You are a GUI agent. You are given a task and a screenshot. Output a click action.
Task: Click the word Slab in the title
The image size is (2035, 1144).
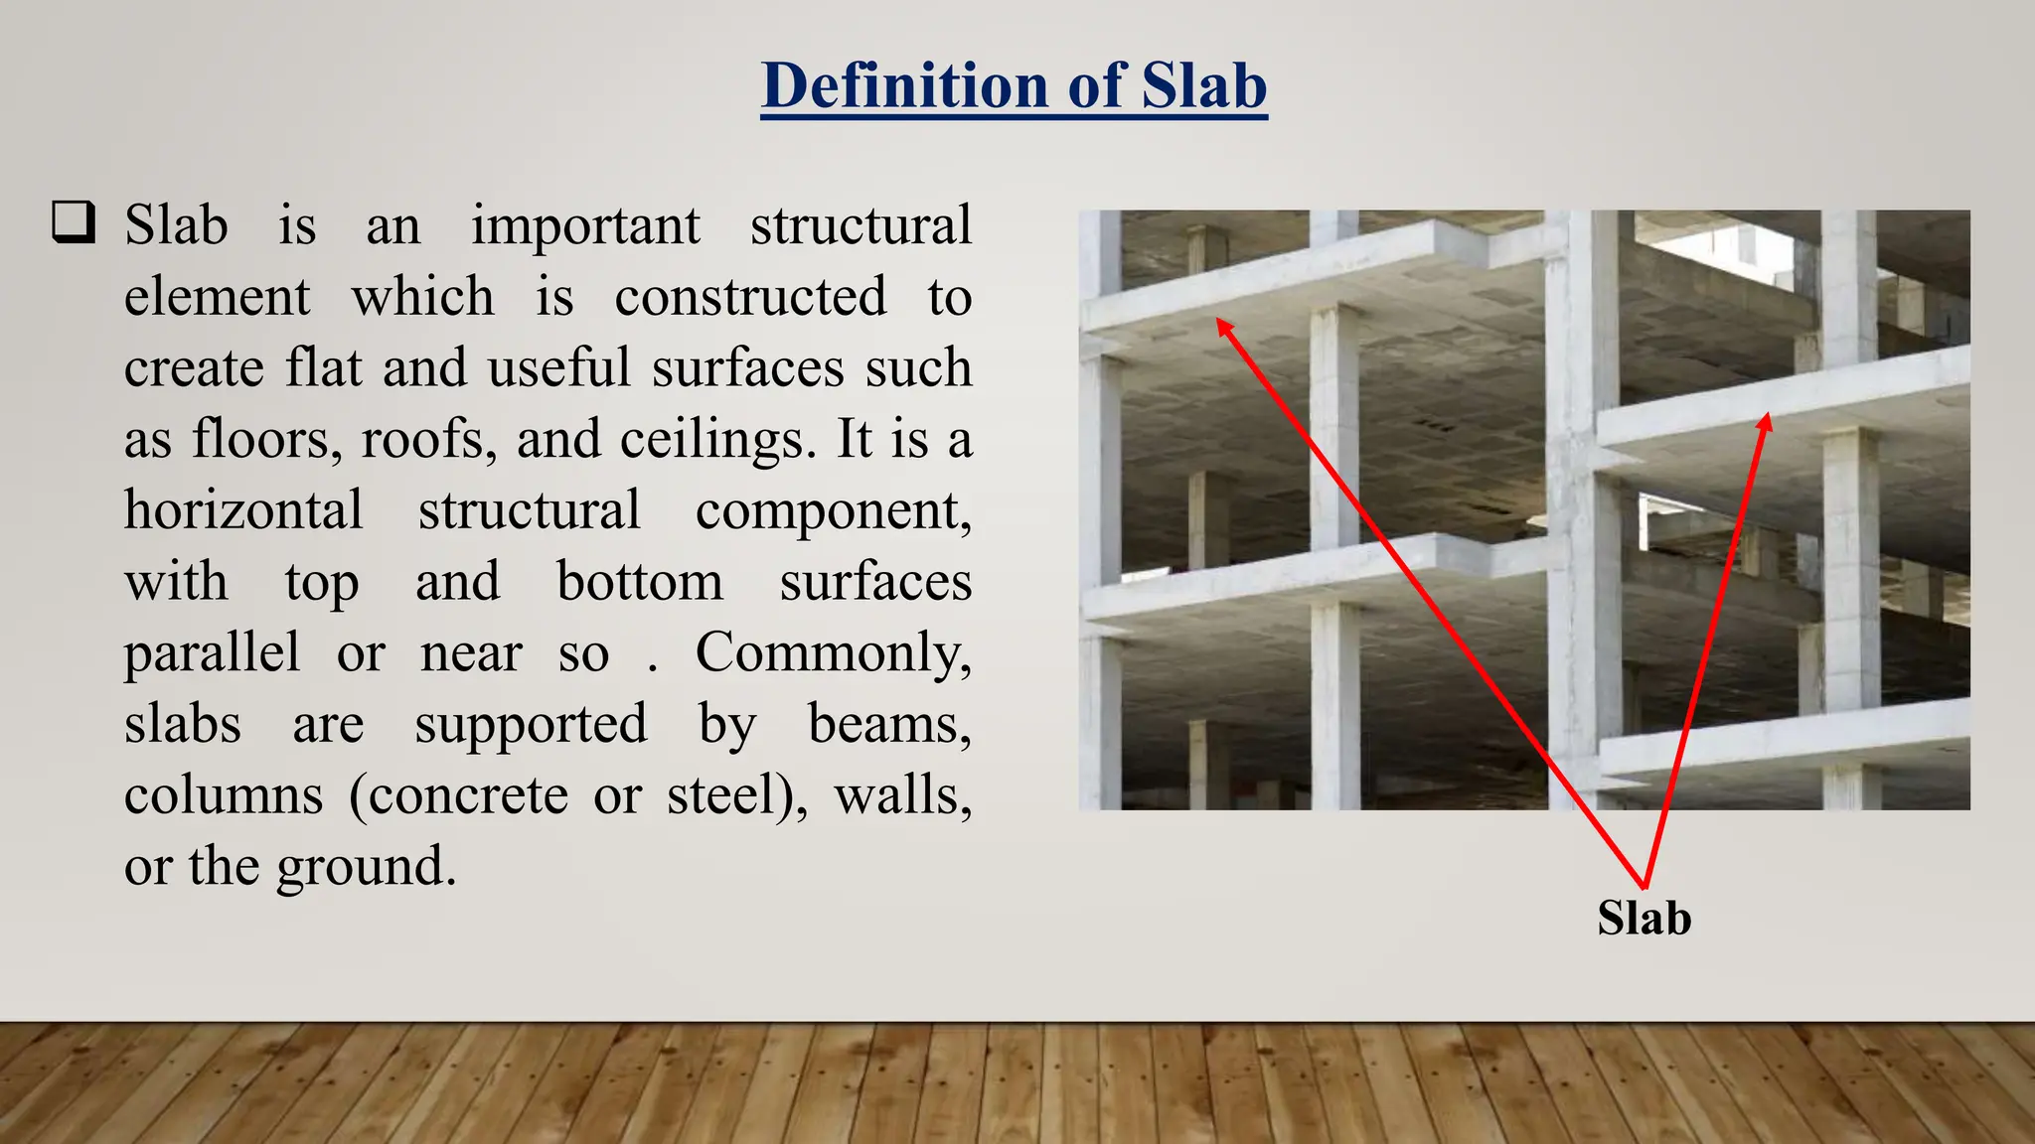(x=1203, y=85)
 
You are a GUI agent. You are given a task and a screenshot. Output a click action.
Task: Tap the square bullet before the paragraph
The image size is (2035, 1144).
(x=74, y=222)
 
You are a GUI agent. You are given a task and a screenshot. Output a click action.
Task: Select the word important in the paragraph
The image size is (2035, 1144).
(x=585, y=226)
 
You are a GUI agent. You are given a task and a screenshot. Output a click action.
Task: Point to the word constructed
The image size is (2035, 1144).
(x=750, y=297)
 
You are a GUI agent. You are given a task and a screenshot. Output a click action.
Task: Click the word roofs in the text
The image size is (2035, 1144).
(x=426, y=439)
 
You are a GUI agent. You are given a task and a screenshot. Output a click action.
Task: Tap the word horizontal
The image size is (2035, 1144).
(x=243, y=510)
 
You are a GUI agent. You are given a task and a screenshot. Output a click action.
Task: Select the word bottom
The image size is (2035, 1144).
(x=639, y=582)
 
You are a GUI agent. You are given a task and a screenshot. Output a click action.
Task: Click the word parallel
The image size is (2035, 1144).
(x=212, y=653)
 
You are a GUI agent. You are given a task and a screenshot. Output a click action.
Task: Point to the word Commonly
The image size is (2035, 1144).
(x=832, y=653)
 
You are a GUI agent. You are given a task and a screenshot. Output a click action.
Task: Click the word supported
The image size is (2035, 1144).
(x=531, y=724)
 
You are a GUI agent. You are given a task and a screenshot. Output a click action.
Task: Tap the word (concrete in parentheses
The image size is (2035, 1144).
(x=458, y=795)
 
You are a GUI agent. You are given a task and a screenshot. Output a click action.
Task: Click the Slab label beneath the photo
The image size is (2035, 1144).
(x=1644, y=918)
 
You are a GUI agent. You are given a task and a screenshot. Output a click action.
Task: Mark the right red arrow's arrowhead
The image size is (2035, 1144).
(x=1765, y=422)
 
